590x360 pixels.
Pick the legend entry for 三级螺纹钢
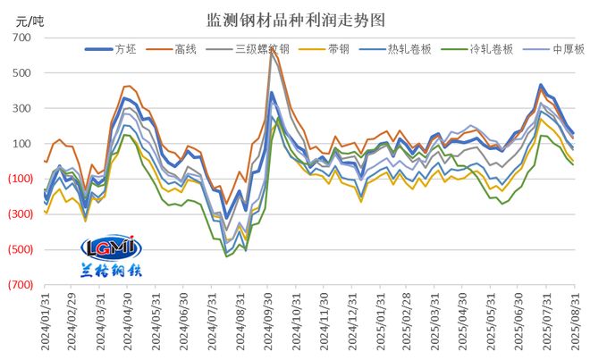click(x=263, y=50)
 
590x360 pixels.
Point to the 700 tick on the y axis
click(x=22, y=38)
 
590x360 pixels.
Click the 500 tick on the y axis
click(x=22, y=73)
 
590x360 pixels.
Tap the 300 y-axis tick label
click(x=22, y=109)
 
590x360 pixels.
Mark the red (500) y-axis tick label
click(x=20, y=249)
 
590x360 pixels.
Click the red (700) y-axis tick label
click(x=20, y=284)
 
